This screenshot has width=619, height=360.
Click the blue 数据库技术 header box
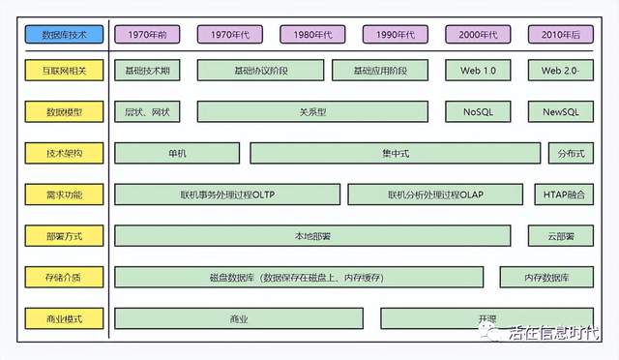coord(65,35)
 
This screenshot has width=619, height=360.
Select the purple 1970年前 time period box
coord(147,35)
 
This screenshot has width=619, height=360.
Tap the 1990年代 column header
coord(396,35)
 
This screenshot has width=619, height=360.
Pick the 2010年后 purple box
coord(561,35)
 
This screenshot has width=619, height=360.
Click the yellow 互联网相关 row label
coord(65,71)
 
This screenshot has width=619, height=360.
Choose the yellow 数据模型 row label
coord(65,112)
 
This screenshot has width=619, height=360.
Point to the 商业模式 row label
coord(65,318)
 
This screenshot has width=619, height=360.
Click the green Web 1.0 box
coord(478,71)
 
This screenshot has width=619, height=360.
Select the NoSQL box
coord(478,112)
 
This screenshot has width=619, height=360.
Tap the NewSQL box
coord(561,112)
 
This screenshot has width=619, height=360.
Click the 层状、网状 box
coord(147,112)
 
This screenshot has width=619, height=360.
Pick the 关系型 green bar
coord(312,112)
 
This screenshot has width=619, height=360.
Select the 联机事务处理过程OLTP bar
coord(227,195)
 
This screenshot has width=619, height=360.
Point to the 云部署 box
coord(561,236)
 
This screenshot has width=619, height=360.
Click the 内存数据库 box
coord(546,278)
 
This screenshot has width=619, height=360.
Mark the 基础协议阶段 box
coord(261,71)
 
